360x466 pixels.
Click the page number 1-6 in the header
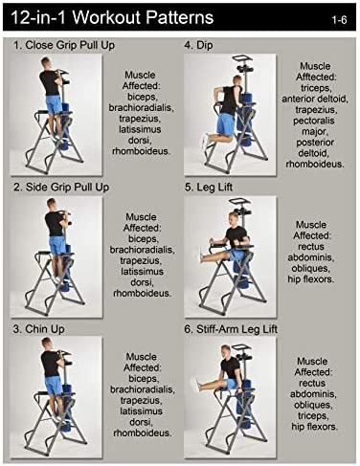coord(339,20)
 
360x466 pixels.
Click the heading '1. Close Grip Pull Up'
coord(64,45)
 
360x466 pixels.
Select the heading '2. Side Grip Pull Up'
coord(61,188)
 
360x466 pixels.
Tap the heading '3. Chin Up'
coord(39,329)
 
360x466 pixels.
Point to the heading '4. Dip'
coord(198,45)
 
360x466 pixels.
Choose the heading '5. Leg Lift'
coord(209,188)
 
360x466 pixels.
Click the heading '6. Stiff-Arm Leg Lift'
coord(231,329)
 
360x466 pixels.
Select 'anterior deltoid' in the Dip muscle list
coord(315,99)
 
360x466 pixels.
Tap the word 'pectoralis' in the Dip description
coord(314,121)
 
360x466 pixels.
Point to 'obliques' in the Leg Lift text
coord(310,268)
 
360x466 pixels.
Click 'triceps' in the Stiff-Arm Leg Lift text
coord(313,416)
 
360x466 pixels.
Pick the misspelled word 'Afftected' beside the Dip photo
coord(315,78)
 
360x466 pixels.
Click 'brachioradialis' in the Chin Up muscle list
coord(143,389)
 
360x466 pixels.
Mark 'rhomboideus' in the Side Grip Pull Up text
coord(143,293)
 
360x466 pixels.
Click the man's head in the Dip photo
coord(237,80)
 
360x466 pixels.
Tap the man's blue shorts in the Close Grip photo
coord(54,104)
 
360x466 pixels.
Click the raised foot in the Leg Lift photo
coord(201,255)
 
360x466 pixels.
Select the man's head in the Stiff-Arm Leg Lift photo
coord(225,350)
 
